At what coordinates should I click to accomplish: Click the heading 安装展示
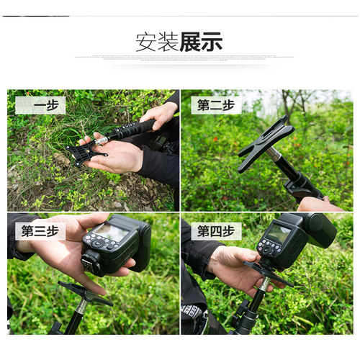pos(179,42)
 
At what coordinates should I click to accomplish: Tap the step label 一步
pos(40,105)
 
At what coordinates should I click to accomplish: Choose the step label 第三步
pos(40,231)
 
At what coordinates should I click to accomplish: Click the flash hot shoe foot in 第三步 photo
pos(90,264)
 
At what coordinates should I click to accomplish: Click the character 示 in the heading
pos(212,42)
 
